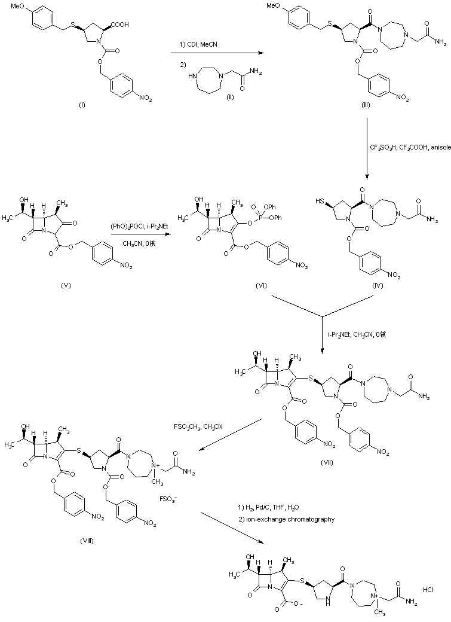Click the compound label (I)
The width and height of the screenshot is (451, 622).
pyautogui.click(x=82, y=105)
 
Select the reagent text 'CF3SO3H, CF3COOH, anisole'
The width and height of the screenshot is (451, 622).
pyautogui.click(x=410, y=146)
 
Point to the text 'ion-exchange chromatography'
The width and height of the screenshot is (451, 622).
pyautogui.click(x=289, y=519)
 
